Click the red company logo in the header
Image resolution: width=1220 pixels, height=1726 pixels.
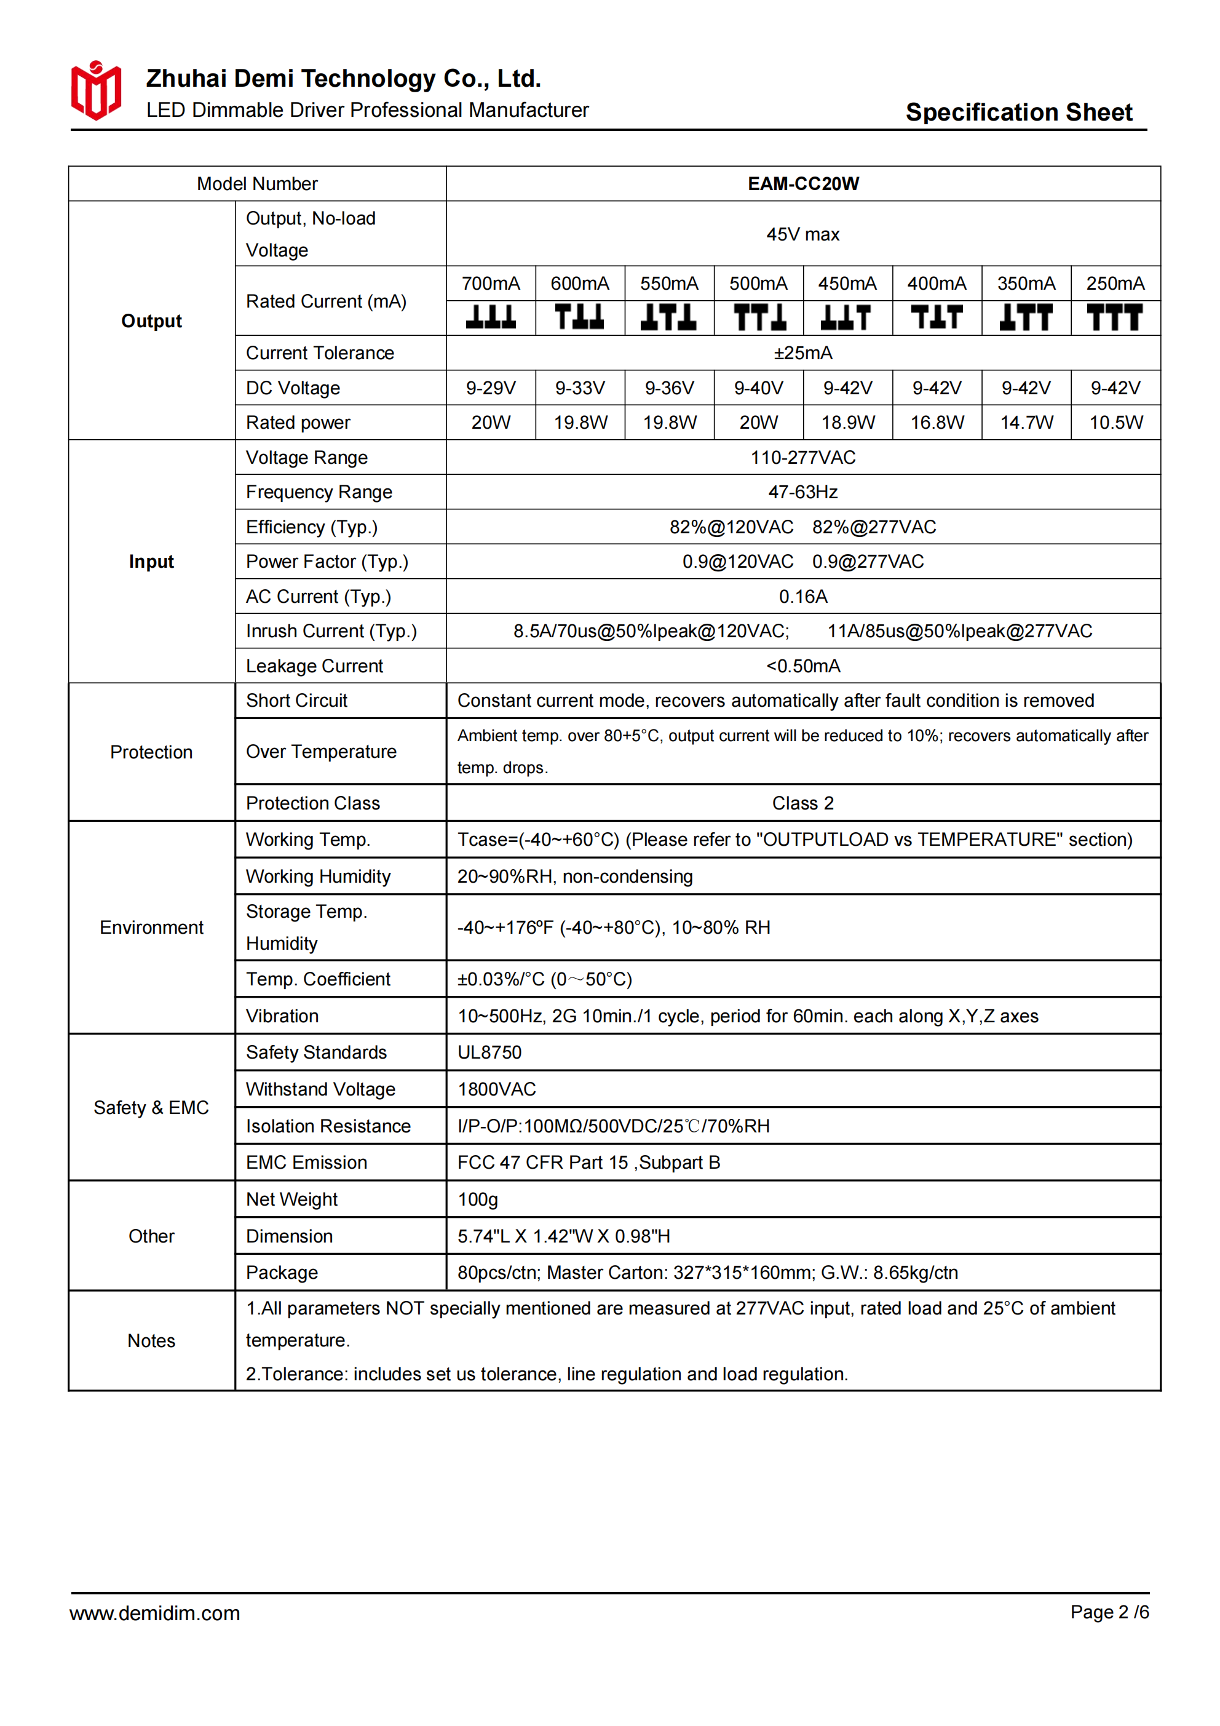pyautogui.click(x=95, y=90)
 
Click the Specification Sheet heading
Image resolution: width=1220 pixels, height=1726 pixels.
pyautogui.click(x=1018, y=112)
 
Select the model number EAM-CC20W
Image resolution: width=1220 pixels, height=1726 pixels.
pyautogui.click(x=803, y=184)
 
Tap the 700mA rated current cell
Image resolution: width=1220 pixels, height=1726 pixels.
pyautogui.click(x=490, y=284)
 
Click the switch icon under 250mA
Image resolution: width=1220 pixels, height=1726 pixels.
pyautogui.click(x=1115, y=317)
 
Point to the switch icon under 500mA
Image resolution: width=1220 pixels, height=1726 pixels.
pyautogui.click(x=758, y=317)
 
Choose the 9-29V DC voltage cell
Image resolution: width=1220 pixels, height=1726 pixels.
pyautogui.click(x=490, y=388)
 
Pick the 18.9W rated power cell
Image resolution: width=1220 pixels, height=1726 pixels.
pyautogui.click(x=848, y=423)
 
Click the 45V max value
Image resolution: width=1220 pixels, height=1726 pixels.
pyautogui.click(x=803, y=234)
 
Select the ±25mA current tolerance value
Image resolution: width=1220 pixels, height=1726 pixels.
pyautogui.click(x=803, y=353)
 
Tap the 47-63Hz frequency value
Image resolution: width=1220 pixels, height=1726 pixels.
pyautogui.click(x=803, y=492)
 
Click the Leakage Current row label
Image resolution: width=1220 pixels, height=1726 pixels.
pyautogui.click(x=314, y=666)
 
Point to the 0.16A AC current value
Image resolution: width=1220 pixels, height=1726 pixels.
pyautogui.click(x=803, y=597)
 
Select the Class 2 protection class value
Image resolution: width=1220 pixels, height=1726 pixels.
pyautogui.click(x=803, y=803)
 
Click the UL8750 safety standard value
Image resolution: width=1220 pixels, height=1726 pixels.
pyautogui.click(x=489, y=1052)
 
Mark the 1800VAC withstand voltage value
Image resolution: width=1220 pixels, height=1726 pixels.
pyautogui.click(x=497, y=1089)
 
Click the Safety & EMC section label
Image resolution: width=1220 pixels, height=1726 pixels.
pyautogui.click(x=151, y=1108)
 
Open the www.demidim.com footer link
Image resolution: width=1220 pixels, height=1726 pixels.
pyautogui.click(x=155, y=1613)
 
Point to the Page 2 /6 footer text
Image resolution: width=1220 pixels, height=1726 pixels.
pyautogui.click(x=1109, y=1612)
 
